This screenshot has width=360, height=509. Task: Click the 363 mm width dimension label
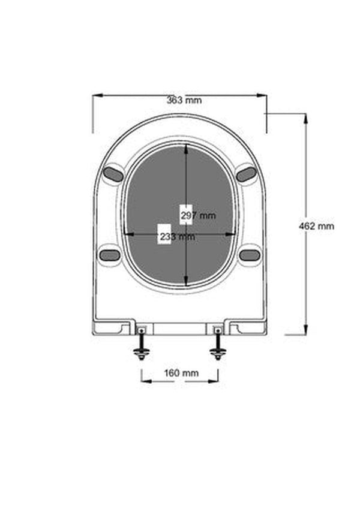pos(184,100)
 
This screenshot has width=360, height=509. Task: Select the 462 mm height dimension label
pos(316,226)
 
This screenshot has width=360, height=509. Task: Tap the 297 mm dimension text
pos(198,215)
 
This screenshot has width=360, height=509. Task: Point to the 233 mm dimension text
pos(177,237)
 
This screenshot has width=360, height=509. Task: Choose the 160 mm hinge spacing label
pos(181,373)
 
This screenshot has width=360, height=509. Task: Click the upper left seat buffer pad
pos(113,174)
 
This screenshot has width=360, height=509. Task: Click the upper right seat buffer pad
pos(246,174)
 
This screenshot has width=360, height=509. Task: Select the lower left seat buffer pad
pos(110,255)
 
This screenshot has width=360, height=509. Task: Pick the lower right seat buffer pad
pos(250,255)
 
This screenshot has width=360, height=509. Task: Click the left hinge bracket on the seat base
pos(141,329)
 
